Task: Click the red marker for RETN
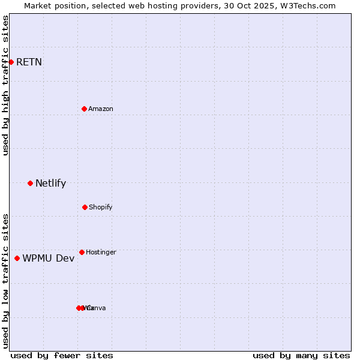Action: pyautogui.click(x=11, y=62)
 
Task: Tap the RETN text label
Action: pyautogui.click(x=29, y=62)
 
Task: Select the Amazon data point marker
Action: pyautogui.click(x=84, y=109)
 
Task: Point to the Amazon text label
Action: pyautogui.click(x=101, y=109)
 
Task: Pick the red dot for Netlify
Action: pyautogui.click(x=30, y=183)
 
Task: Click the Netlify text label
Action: pyautogui.click(x=50, y=184)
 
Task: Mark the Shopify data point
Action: pyautogui.click(x=85, y=207)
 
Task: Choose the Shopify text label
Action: pyautogui.click(x=101, y=207)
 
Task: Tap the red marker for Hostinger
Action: pyautogui.click(x=82, y=252)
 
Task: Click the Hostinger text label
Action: pyautogui.click(x=101, y=252)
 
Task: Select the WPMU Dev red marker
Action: pyautogui.click(x=17, y=258)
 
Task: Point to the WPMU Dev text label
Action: pyautogui.click(x=49, y=259)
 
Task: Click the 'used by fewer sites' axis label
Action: pyautogui.click(x=62, y=355)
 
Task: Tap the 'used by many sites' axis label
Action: pyautogui.click(x=301, y=355)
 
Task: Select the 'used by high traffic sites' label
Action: pyautogui.click(x=5, y=85)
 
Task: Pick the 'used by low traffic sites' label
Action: pyautogui.click(x=5, y=280)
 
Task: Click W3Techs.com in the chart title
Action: pyautogui.click(x=309, y=5)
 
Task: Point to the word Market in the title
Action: pyautogui.click(x=39, y=5)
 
